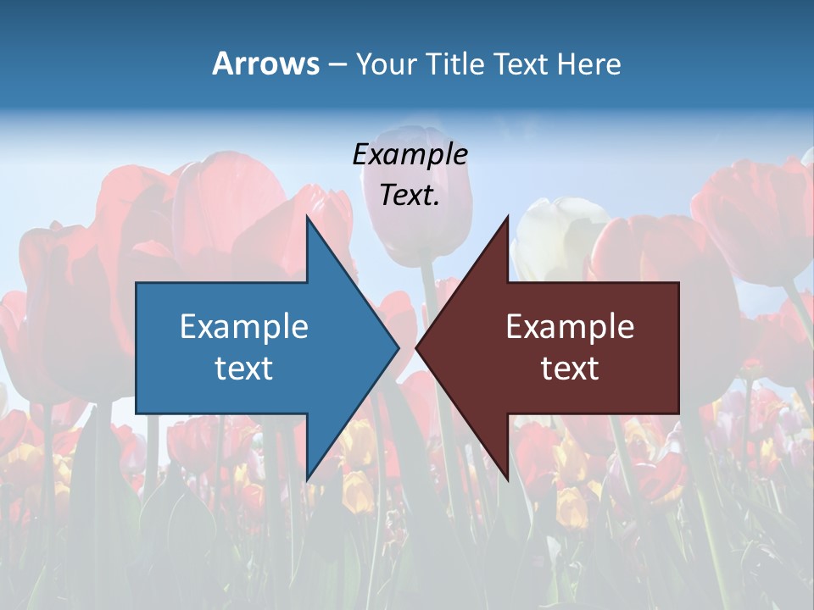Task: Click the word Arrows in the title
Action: click(x=266, y=64)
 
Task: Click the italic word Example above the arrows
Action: click(x=410, y=155)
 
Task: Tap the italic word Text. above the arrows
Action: click(x=410, y=196)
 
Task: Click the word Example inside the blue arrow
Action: click(x=244, y=327)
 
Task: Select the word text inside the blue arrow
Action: click(x=244, y=369)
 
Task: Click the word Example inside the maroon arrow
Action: click(x=570, y=327)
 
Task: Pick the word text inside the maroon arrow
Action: click(x=570, y=369)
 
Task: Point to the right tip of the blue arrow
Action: click(x=399, y=347)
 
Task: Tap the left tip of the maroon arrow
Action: click(x=416, y=347)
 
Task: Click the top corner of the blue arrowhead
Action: click(x=307, y=217)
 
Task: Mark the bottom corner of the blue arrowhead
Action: click(x=307, y=480)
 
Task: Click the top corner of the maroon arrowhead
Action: click(x=508, y=217)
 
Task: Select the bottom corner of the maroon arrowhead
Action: click(x=508, y=480)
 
